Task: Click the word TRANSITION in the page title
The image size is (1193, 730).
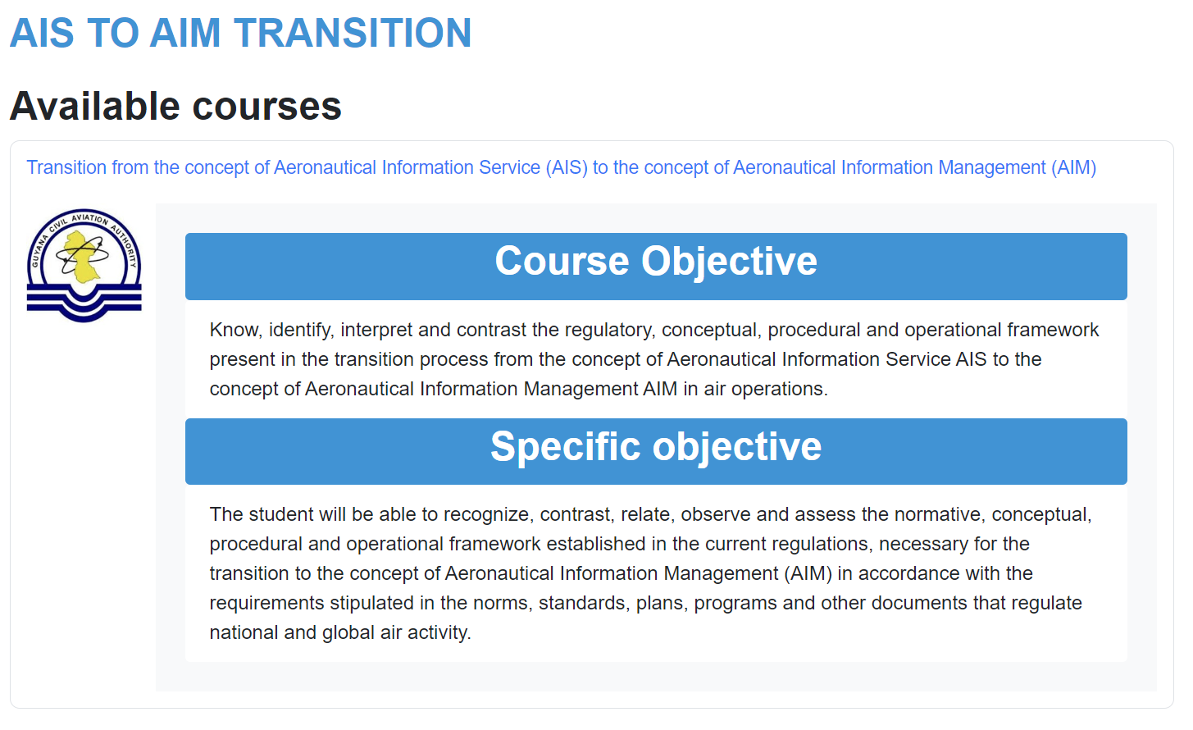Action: click(353, 33)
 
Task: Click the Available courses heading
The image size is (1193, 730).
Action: click(175, 106)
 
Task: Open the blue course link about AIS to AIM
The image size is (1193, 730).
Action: click(562, 167)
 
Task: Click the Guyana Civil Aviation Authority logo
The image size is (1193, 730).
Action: click(84, 266)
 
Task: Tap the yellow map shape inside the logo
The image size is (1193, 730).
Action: click(81, 257)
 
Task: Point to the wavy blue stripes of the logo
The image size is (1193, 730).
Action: click(84, 302)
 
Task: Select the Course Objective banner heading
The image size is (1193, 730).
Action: click(656, 261)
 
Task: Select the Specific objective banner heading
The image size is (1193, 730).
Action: click(656, 446)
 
